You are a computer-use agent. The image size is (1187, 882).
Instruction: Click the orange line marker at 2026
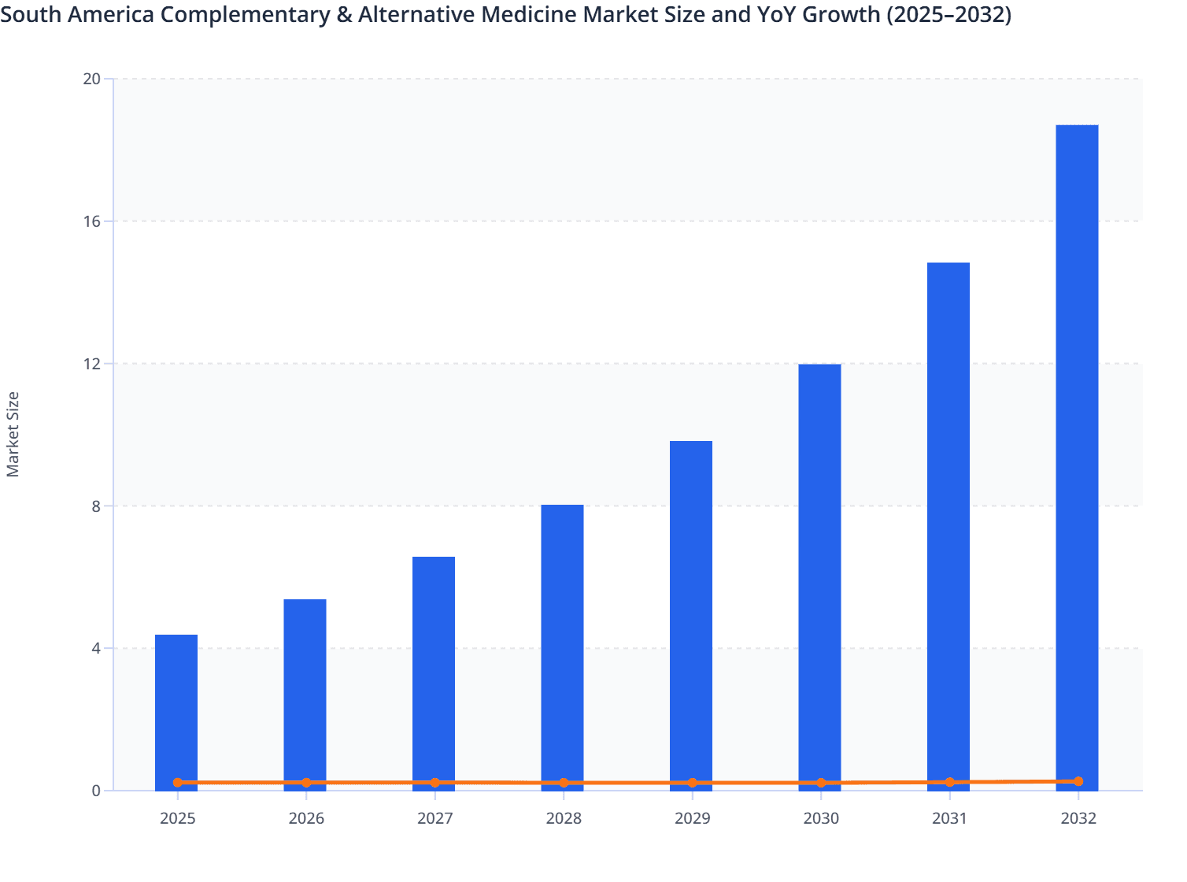pos(306,783)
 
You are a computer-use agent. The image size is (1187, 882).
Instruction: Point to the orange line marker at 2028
pos(564,783)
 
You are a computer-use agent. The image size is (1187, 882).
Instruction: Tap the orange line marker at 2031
pos(949,782)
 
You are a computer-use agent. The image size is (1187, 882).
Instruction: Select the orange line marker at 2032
pos(1078,781)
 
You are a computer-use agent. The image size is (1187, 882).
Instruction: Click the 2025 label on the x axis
pos(177,818)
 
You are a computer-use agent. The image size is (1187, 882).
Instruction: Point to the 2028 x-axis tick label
pos(564,818)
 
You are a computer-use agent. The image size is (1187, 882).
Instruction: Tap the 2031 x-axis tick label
pos(949,818)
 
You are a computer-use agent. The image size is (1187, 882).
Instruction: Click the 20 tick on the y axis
pos(92,79)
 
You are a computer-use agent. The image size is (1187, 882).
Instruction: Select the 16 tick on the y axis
pos(92,221)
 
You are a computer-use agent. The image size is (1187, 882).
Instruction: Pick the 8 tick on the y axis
pos(96,506)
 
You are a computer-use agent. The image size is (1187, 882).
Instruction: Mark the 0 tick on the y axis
pos(96,791)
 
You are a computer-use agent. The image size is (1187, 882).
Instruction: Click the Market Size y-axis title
pos(13,434)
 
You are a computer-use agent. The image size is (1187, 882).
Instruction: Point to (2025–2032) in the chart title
pos(948,14)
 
